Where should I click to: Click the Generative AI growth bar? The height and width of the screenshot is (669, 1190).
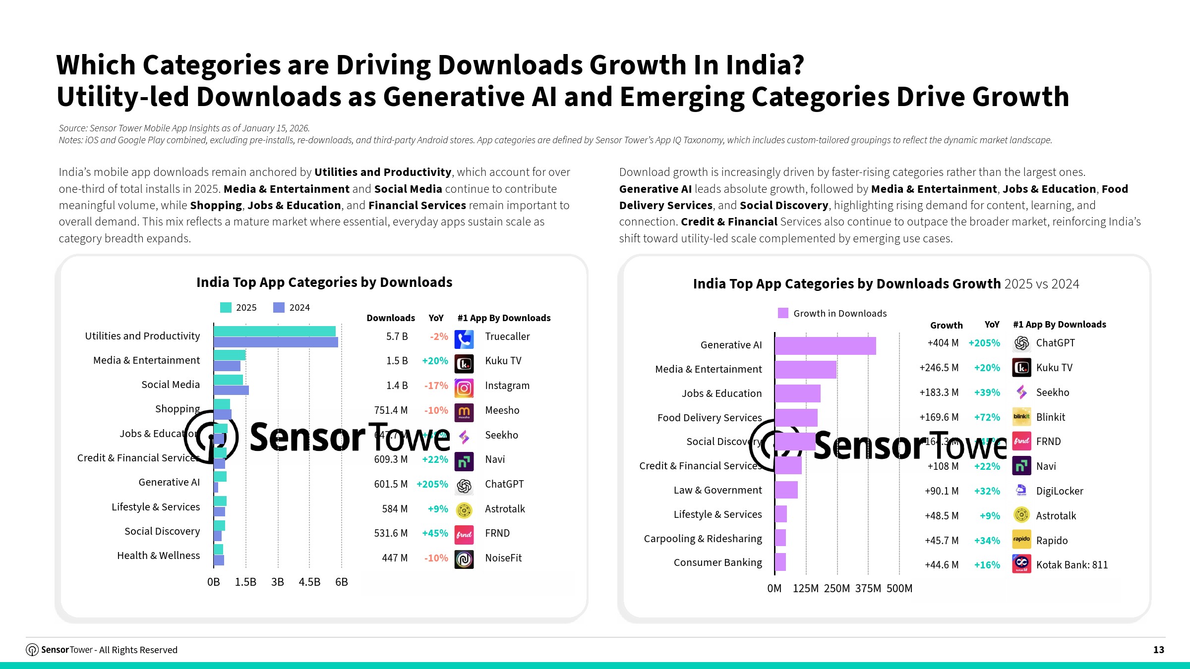tap(825, 345)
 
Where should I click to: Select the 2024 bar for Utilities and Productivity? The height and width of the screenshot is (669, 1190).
tap(276, 342)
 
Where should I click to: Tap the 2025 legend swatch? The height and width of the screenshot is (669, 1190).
tap(226, 308)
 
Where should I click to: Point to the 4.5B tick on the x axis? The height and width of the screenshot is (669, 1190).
tap(309, 582)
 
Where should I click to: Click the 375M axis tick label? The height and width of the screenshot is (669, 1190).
tap(868, 588)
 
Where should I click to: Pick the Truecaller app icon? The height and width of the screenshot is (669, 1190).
tap(464, 339)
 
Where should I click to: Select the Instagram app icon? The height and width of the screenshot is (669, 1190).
tap(464, 388)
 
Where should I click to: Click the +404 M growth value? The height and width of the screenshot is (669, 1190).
tap(943, 343)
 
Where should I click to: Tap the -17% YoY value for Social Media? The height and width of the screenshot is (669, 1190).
tap(436, 386)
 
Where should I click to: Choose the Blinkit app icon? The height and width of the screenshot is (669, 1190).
tap(1021, 417)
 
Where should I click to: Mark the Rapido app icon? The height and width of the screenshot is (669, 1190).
tap(1021, 539)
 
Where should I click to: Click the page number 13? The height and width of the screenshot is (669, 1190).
tap(1158, 650)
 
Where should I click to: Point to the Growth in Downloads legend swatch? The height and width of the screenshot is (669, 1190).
tap(783, 313)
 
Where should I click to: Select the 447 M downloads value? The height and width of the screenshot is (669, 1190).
tap(395, 558)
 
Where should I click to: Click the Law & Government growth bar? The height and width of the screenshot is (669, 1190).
tap(786, 490)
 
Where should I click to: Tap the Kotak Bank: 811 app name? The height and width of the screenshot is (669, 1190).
tap(1071, 565)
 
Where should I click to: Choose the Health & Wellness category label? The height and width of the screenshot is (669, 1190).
tap(158, 556)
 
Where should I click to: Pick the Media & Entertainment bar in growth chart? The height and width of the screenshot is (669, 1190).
tap(805, 370)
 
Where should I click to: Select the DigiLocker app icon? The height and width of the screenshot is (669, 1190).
tap(1021, 490)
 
